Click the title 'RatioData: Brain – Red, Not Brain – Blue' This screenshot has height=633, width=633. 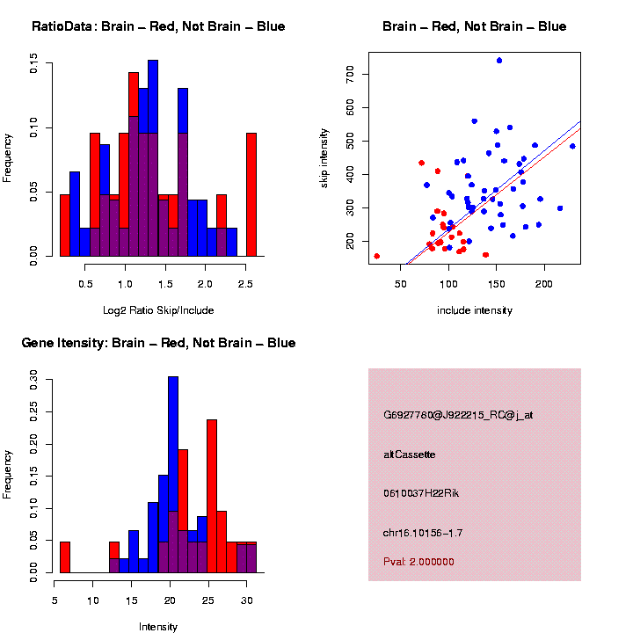point(158,26)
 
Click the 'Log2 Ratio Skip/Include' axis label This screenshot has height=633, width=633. point(158,310)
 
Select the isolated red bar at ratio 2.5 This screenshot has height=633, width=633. point(251,194)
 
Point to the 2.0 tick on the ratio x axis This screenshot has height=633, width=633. point(205,267)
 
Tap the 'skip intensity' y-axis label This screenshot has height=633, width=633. point(324,158)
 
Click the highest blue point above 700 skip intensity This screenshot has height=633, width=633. point(499,61)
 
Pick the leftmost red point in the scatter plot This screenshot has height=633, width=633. point(376,256)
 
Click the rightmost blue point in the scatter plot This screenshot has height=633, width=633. point(572,146)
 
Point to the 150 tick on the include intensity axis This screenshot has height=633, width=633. point(496,267)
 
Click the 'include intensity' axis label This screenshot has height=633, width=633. point(475,310)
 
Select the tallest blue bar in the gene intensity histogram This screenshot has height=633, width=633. point(173,475)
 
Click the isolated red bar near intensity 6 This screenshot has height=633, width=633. point(65,557)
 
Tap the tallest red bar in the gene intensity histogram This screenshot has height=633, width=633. point(212,496)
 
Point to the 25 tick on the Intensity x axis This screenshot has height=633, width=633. point(208,584)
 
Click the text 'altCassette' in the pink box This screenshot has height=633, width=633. point(410,455)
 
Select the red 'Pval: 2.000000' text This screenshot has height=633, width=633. point(418,562)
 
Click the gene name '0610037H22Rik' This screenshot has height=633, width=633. point(421,493)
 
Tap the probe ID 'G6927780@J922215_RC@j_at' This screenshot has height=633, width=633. point(458,415)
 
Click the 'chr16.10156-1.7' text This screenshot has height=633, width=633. point(423,533)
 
